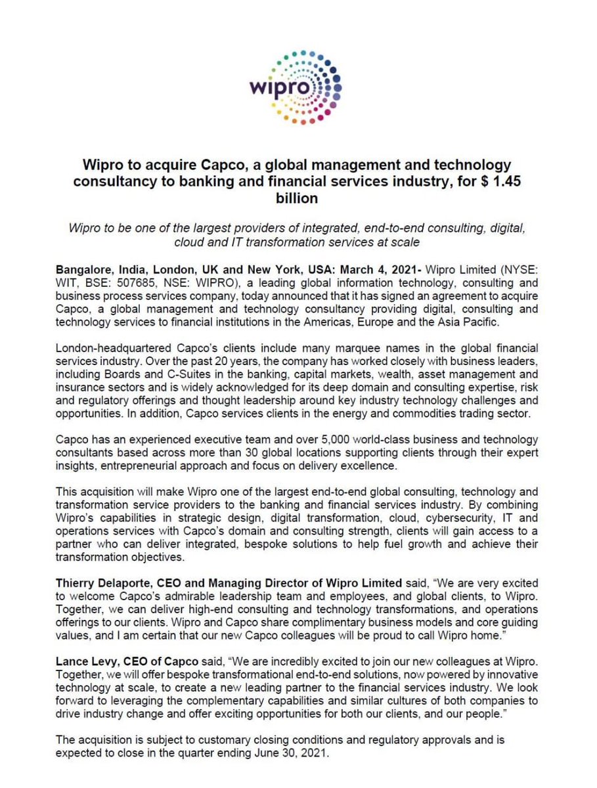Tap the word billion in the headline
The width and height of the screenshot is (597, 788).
coord(298,198)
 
